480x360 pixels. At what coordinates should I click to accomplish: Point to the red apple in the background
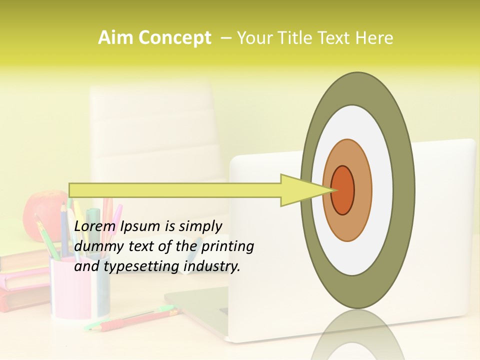40,212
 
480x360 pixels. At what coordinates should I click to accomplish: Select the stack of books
22,280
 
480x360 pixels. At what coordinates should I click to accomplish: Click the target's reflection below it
357,335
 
